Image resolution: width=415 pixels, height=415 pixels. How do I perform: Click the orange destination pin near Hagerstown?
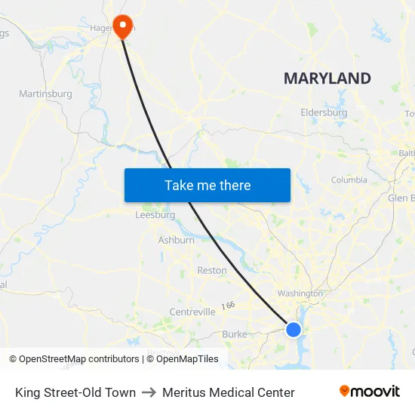click(x=121, y=26)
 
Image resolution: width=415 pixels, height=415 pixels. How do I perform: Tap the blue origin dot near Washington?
click(x=294, y=330)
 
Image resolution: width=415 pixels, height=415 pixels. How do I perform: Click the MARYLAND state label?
click(x=327, y=78)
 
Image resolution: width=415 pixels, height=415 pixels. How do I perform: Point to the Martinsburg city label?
click(x=45, y=94)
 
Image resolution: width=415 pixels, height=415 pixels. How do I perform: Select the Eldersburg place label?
click(x=324, y=112)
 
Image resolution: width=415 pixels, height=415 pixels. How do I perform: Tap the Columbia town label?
click(x=349, y=180)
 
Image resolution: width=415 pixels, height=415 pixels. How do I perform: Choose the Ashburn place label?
click(x=176, y=241)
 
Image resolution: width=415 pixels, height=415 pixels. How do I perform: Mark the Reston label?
click(x=211, y=270)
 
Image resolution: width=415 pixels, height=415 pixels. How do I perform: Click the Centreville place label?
click(x=192, y=312)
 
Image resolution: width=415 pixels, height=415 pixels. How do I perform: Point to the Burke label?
click(x=234, y=334)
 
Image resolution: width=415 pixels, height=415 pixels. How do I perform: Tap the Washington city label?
click(x=300, y=294)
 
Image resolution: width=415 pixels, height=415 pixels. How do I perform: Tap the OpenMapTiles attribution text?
click(x=186, y=359)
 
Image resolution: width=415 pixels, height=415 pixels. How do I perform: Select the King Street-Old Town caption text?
click(x=75, y=392)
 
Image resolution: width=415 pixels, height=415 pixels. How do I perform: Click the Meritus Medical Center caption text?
click(x=228, y=392)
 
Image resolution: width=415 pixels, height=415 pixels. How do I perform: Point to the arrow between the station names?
click(x=149, y=392)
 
